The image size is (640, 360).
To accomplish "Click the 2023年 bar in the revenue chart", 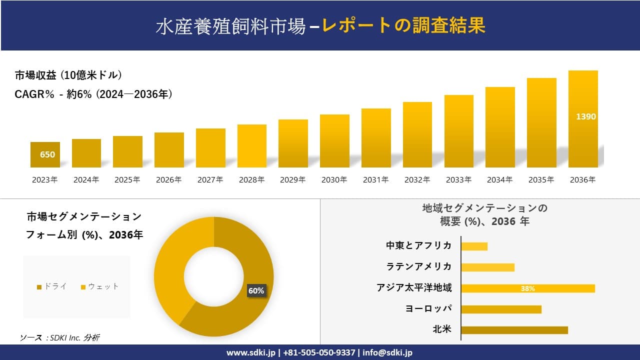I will click(45, 154).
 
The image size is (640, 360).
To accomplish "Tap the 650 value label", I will click(47, 154).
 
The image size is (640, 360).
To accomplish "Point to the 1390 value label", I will click(585, 116).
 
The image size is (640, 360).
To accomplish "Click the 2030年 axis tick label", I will click(334, 180).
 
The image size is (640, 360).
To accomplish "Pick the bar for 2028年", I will click(251, 146).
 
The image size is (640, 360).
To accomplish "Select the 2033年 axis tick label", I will click(458, 180).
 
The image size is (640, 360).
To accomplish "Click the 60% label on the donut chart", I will click(256, 290).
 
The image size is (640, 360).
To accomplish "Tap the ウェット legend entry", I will click(99, 286).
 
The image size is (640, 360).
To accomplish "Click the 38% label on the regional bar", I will click(527, 288).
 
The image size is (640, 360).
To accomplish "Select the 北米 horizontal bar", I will click(514, 330).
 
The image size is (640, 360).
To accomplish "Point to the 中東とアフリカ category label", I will click(418, 245).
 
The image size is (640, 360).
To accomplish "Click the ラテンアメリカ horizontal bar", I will click(487, 267).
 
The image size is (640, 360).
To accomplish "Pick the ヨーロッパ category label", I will click(428, 308).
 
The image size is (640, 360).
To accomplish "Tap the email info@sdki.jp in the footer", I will click(387, 352).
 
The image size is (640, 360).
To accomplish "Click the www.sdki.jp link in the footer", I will click(251, 352).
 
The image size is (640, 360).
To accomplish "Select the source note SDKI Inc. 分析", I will click(60, 338).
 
